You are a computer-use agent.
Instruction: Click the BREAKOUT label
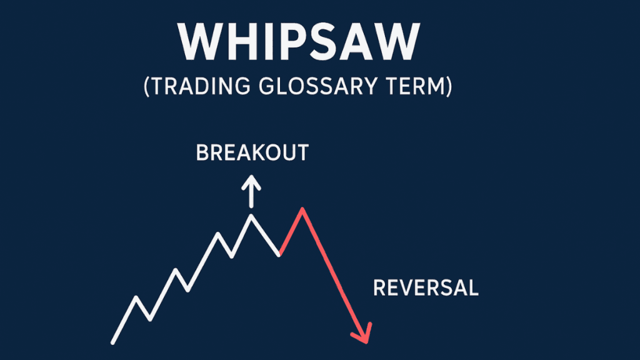252,152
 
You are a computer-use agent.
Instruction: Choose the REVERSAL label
426,288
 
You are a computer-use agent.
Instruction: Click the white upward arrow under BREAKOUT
251,190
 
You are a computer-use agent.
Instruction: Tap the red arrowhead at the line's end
363,334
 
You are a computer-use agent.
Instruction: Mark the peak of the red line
302,209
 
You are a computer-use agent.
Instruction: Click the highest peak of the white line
251,216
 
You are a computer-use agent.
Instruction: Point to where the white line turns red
280,254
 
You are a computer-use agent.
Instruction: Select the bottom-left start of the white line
113,342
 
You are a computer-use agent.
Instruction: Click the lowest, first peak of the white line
136,297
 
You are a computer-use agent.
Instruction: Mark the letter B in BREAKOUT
202,152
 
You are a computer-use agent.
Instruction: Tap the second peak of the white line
176,270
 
